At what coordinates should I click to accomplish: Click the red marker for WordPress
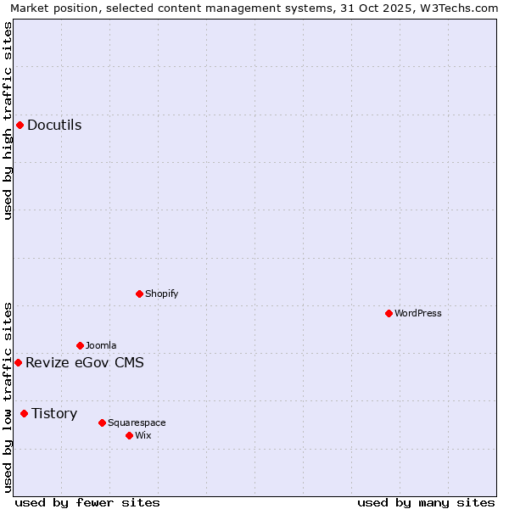tap(389, 313)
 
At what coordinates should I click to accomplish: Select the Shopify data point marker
tap(139, 294)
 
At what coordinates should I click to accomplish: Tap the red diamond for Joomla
tap(80, 345)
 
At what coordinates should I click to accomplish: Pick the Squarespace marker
tap(102, 422)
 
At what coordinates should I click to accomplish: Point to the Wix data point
tap(129, 435)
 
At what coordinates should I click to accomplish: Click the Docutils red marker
tap(20, 125)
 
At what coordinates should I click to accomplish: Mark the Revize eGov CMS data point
tap(18, 362)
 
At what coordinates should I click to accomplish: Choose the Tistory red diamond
tap(24, 413)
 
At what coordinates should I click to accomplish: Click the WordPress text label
tap(418, 313)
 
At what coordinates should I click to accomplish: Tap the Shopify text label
tap(162, 294)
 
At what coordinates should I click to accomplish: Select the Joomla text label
tap(101, 345)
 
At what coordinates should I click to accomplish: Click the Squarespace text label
tap(137, 422)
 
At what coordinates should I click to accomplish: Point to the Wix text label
tap(143, 435)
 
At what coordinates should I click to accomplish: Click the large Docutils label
tap(54, 125)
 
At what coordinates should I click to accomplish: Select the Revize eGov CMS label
tap(85, 362)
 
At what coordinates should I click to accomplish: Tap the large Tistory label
tap(54, 413)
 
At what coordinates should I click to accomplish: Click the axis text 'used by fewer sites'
tap(87, 502)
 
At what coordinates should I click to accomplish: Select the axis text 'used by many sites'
tap(426, 502)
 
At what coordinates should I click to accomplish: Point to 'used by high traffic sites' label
tap(8, 120)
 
